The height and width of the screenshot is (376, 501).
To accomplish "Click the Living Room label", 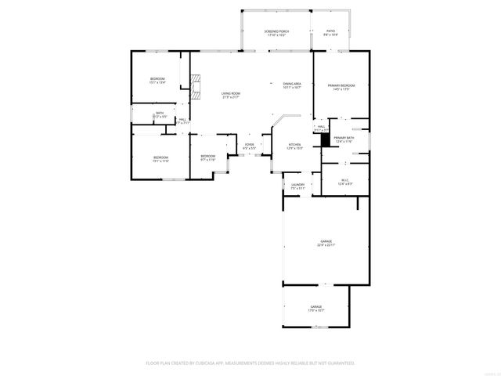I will (230, 94).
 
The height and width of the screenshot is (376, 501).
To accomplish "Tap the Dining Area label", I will (293, 85).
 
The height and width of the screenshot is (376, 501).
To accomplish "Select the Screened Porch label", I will (276, 32).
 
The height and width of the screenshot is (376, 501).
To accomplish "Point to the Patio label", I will (330, 32).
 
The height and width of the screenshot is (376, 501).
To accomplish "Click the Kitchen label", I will (294, 146).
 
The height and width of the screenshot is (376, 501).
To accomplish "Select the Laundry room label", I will (297, 186).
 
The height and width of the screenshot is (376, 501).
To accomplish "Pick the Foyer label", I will (249, 146).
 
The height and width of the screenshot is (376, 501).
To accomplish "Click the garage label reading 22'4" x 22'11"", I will (326, 243).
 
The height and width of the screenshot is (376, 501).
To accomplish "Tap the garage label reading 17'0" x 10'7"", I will (315, 308).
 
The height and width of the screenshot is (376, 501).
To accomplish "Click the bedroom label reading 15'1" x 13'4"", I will (158, 80).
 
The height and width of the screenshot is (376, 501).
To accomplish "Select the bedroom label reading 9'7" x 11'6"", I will (207, 157).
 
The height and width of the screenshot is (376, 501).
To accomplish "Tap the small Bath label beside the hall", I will (160, 114).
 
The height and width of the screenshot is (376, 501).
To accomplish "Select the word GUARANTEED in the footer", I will (337, 363).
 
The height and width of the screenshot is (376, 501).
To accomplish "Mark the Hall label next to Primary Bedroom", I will (321, 127).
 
